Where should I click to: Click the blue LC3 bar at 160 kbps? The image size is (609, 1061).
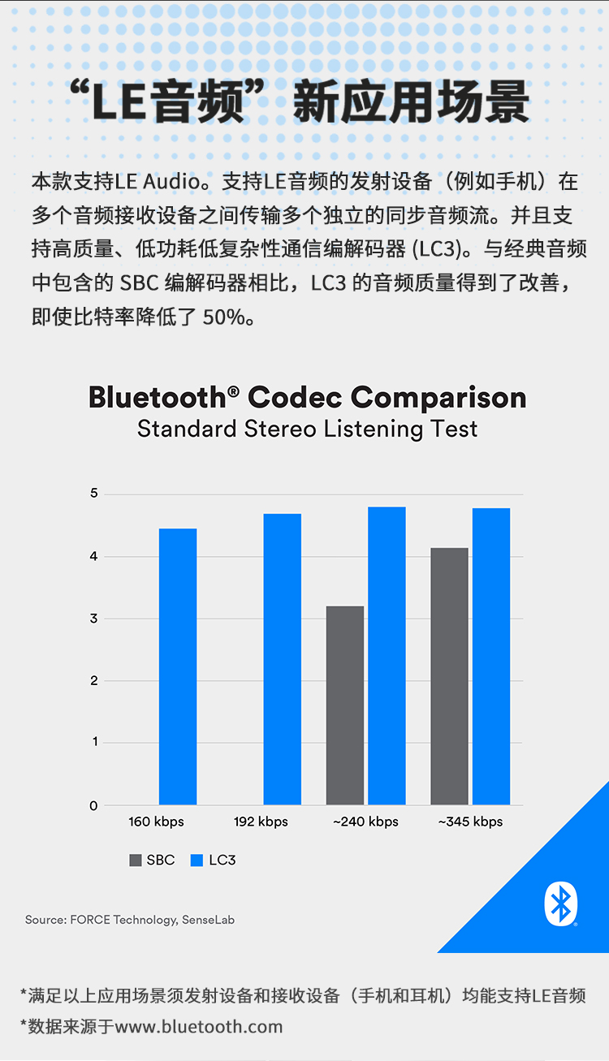pyautogui.click(x=178, y=666)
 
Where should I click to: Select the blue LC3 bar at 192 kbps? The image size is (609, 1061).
pyautogui.click(x=282, y=659)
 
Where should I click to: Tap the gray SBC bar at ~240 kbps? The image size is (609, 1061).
pyautogui.click(x=345, y=705)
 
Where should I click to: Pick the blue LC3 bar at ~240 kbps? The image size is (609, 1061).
pyautogui.click(x=387, y=656)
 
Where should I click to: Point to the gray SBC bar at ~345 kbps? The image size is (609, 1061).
pyautogui.click(x=449, y=676)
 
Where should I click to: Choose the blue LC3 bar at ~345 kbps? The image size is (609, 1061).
pyautogui.click(x=491, y=657)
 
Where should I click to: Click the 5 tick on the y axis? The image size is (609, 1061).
pyautogui.click(x=94, y=494)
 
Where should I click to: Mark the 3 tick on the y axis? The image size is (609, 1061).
pyautogui.click(x=94, y=619)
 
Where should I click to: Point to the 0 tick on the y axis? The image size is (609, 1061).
pyautogui.click(x=94, y=806)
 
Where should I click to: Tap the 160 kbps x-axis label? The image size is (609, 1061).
pyautogui.click(x=157, y=822)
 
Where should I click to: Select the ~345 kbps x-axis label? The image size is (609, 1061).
pyautogui.click(x=471, y=822)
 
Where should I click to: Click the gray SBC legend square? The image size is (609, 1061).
pyautogui.click(x=136, y=860)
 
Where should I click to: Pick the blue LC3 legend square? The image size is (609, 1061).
pyautogui.click(x=197, y=860)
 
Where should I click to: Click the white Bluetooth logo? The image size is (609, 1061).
pyautogui.click(x=561, y=904)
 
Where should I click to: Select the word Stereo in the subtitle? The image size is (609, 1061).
pyautogui.click(x=280, y=429)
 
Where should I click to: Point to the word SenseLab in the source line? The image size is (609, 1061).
pyautogui.click(x=209, y=920)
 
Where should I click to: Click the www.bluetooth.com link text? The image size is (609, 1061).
pyautogui.click(x=199, y=1027)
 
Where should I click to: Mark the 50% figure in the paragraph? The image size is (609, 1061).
pyautogui.click(x=223, y=317)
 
